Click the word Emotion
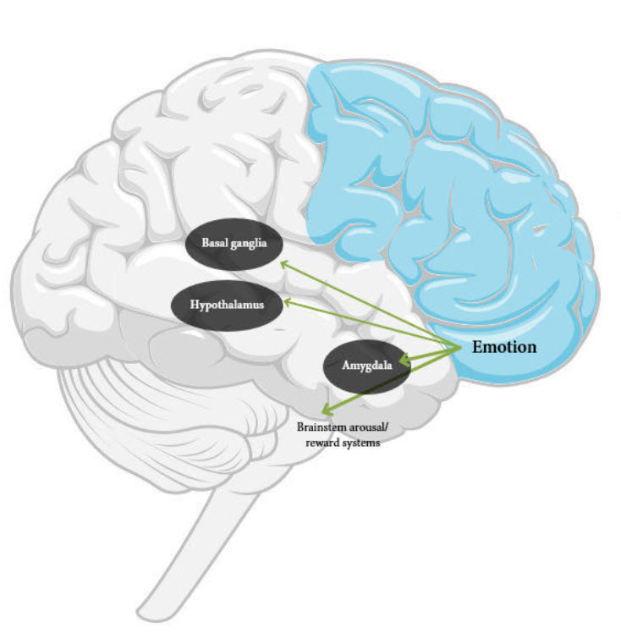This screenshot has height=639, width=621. coord(505,347)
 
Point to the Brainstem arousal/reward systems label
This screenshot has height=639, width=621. coord(338,434)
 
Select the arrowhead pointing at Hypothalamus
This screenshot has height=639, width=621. coord(289,300)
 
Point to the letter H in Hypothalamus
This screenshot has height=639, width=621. coord(194,302)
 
